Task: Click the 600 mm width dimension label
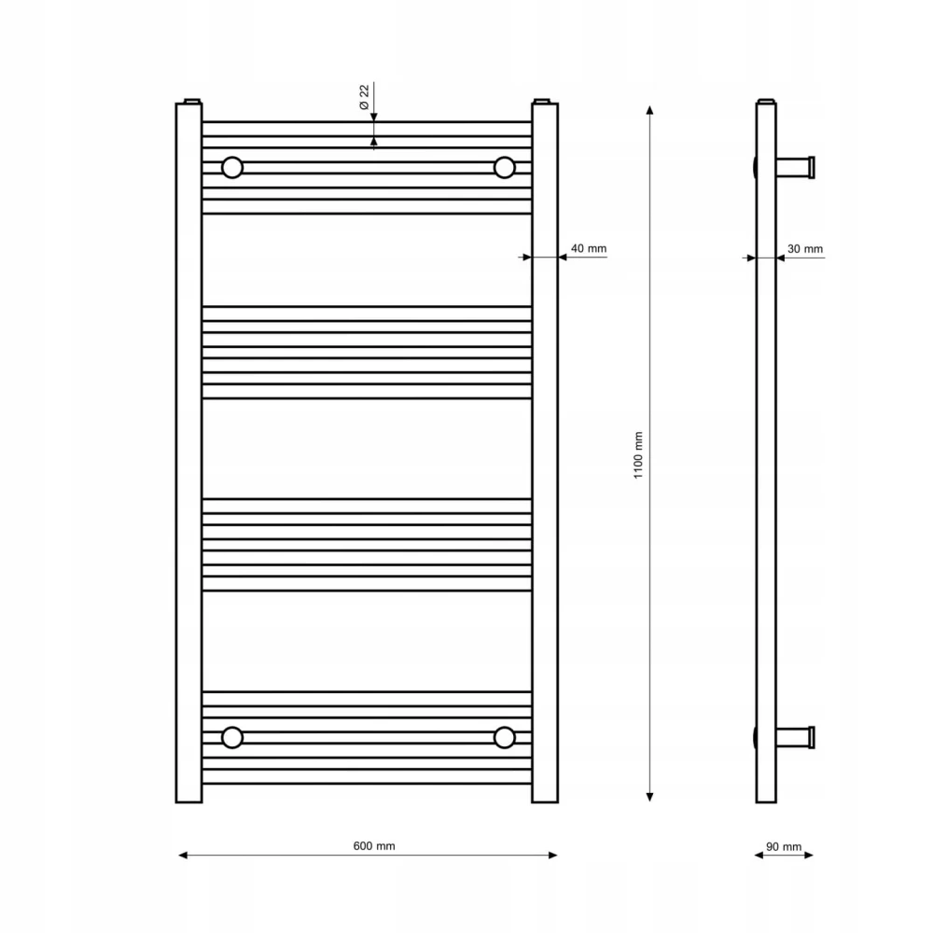click(x=374, y=845)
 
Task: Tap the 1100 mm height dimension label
click(x=638, y=455)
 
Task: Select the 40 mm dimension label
click(x=589, y=248)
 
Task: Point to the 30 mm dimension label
click(x=805, y=249)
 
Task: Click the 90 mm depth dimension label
click(x=784, y=846)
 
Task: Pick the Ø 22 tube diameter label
click(x=364, y=97)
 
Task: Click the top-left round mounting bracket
click(x=232, y=168)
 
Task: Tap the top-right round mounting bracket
click(x=504, y=168)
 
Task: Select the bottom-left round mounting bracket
click(x=232, y=737)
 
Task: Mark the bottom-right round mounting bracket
click(x=504, y=737)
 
